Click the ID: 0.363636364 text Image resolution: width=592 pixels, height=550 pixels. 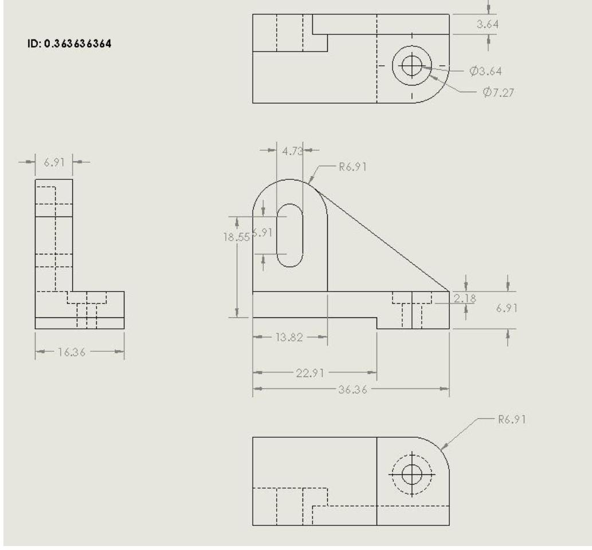pos(69,44)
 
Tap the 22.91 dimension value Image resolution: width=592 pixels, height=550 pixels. pos(310,373)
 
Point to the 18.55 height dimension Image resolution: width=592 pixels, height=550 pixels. pos(236,237)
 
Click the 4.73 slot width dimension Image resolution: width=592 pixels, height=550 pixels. pos(290,151)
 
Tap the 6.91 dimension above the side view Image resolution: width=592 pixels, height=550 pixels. pos(54,162)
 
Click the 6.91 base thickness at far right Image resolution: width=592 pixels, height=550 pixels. pos(507,308)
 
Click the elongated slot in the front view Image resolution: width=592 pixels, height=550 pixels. pos(290,235)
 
